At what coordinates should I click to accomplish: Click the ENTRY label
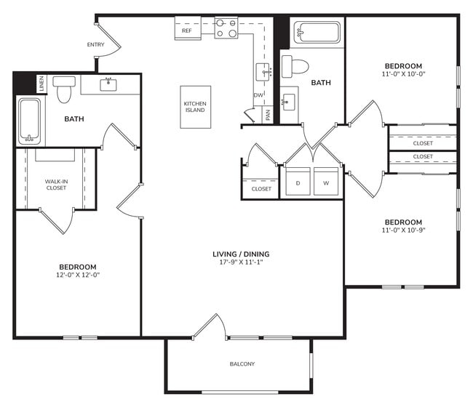pyautogui.click(x=95, y=45)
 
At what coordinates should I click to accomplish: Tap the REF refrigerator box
pyautogui.click(x=187, y=31)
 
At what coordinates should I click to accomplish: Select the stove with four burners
pyautogui.click(x=226, y=28)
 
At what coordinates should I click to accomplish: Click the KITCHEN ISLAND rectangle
pyautogui.click(x=195, y=106)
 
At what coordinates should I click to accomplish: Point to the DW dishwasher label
pyautogui.click(x=258, y=95)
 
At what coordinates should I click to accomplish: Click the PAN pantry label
pyautogui.click(x=268, y=115)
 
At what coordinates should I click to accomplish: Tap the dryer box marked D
pyautogui.click(x=298, y=182)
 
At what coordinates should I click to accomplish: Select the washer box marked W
pyautogui.click(x=326, y=182)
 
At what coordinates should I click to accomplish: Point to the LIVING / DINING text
pyautogui.click(x=241, y=254)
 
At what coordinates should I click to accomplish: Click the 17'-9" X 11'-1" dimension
pyautogui.click(x=241, y=264)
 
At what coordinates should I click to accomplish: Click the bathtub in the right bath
pyautogui.click(x=317, y=33)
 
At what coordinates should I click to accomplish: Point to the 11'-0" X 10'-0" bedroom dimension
pyautogui.click(x=402, y=74)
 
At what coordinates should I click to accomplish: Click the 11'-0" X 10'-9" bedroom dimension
pyautogui.click(x=402, y=231)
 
